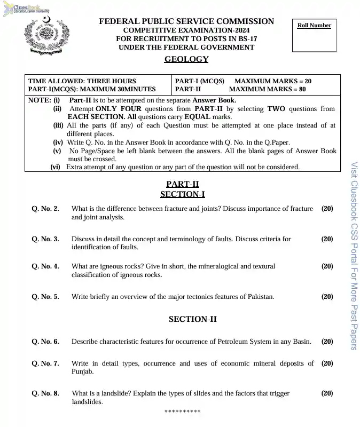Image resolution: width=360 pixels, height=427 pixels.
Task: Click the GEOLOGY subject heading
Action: (186, 59)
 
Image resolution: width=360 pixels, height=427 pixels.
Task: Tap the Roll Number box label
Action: (314, 25)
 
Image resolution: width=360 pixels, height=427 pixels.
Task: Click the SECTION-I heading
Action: (182, 194)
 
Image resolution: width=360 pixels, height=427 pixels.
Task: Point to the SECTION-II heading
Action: (192, 319)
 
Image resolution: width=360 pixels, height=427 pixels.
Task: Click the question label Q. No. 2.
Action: (45, 209)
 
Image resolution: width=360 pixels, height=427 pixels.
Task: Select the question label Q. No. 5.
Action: (45, 297)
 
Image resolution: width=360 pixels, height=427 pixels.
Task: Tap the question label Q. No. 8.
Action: (45, 393)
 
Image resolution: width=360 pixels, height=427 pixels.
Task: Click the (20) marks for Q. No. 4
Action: (327, 266)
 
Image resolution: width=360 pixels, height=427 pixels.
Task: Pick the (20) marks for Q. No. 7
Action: (327, 363)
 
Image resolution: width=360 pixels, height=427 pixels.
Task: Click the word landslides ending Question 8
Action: (87, 402)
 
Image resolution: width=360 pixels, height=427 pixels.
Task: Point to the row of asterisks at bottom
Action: (182, 412)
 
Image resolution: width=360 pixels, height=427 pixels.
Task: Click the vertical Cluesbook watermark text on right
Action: (354, 256)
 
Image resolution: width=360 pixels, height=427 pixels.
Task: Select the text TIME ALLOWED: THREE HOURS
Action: (82, 81)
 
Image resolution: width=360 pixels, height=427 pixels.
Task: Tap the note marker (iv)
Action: (58, 143)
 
